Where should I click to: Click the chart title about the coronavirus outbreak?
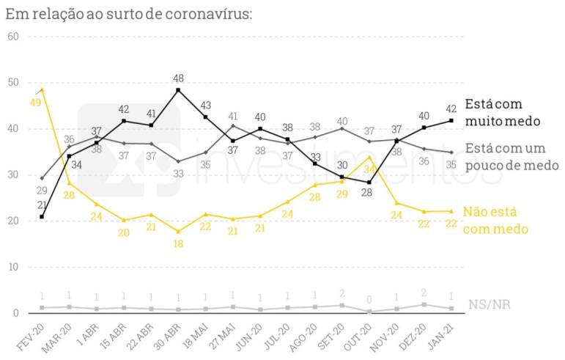pos(128,13)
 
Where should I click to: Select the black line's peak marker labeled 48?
pos(178,90)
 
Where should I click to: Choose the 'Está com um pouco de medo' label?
pos(512,156)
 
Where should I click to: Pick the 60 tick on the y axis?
pos(12,37)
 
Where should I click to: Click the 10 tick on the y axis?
pos(12,267)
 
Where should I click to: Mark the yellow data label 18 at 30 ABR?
pos(178,243)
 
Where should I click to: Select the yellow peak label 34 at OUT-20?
pos(370,169)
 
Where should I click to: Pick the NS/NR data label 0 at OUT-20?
pos(370,300)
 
